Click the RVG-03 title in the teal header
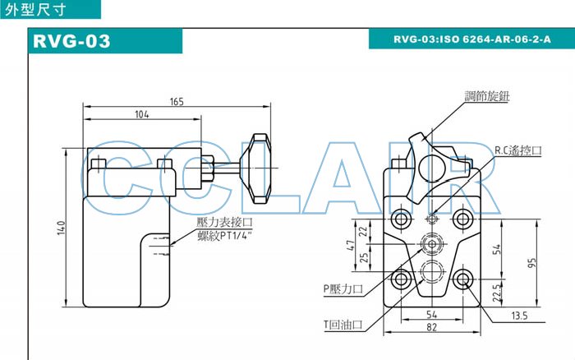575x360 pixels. [x=71, y=40]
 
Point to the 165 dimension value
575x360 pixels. [x=177, y=101]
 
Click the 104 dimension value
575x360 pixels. [x=141, y=115]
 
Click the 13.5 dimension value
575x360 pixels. [x=518, y=315]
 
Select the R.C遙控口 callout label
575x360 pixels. [x=518, y=150]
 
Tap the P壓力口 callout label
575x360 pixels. [x=343, y=288]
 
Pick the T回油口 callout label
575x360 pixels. [x=343, y=324]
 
